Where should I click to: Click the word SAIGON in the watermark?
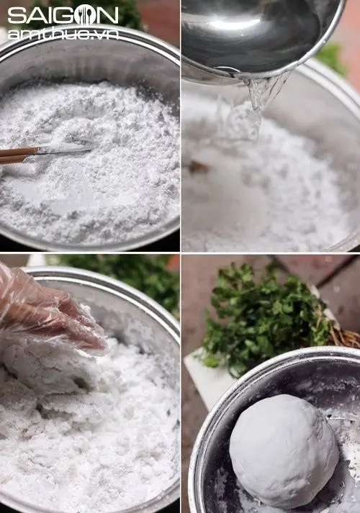click(62, 15)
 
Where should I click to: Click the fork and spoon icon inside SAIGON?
click(85, 15)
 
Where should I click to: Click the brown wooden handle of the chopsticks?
click(17, 154)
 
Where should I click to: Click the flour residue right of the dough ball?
click(349, 460)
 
